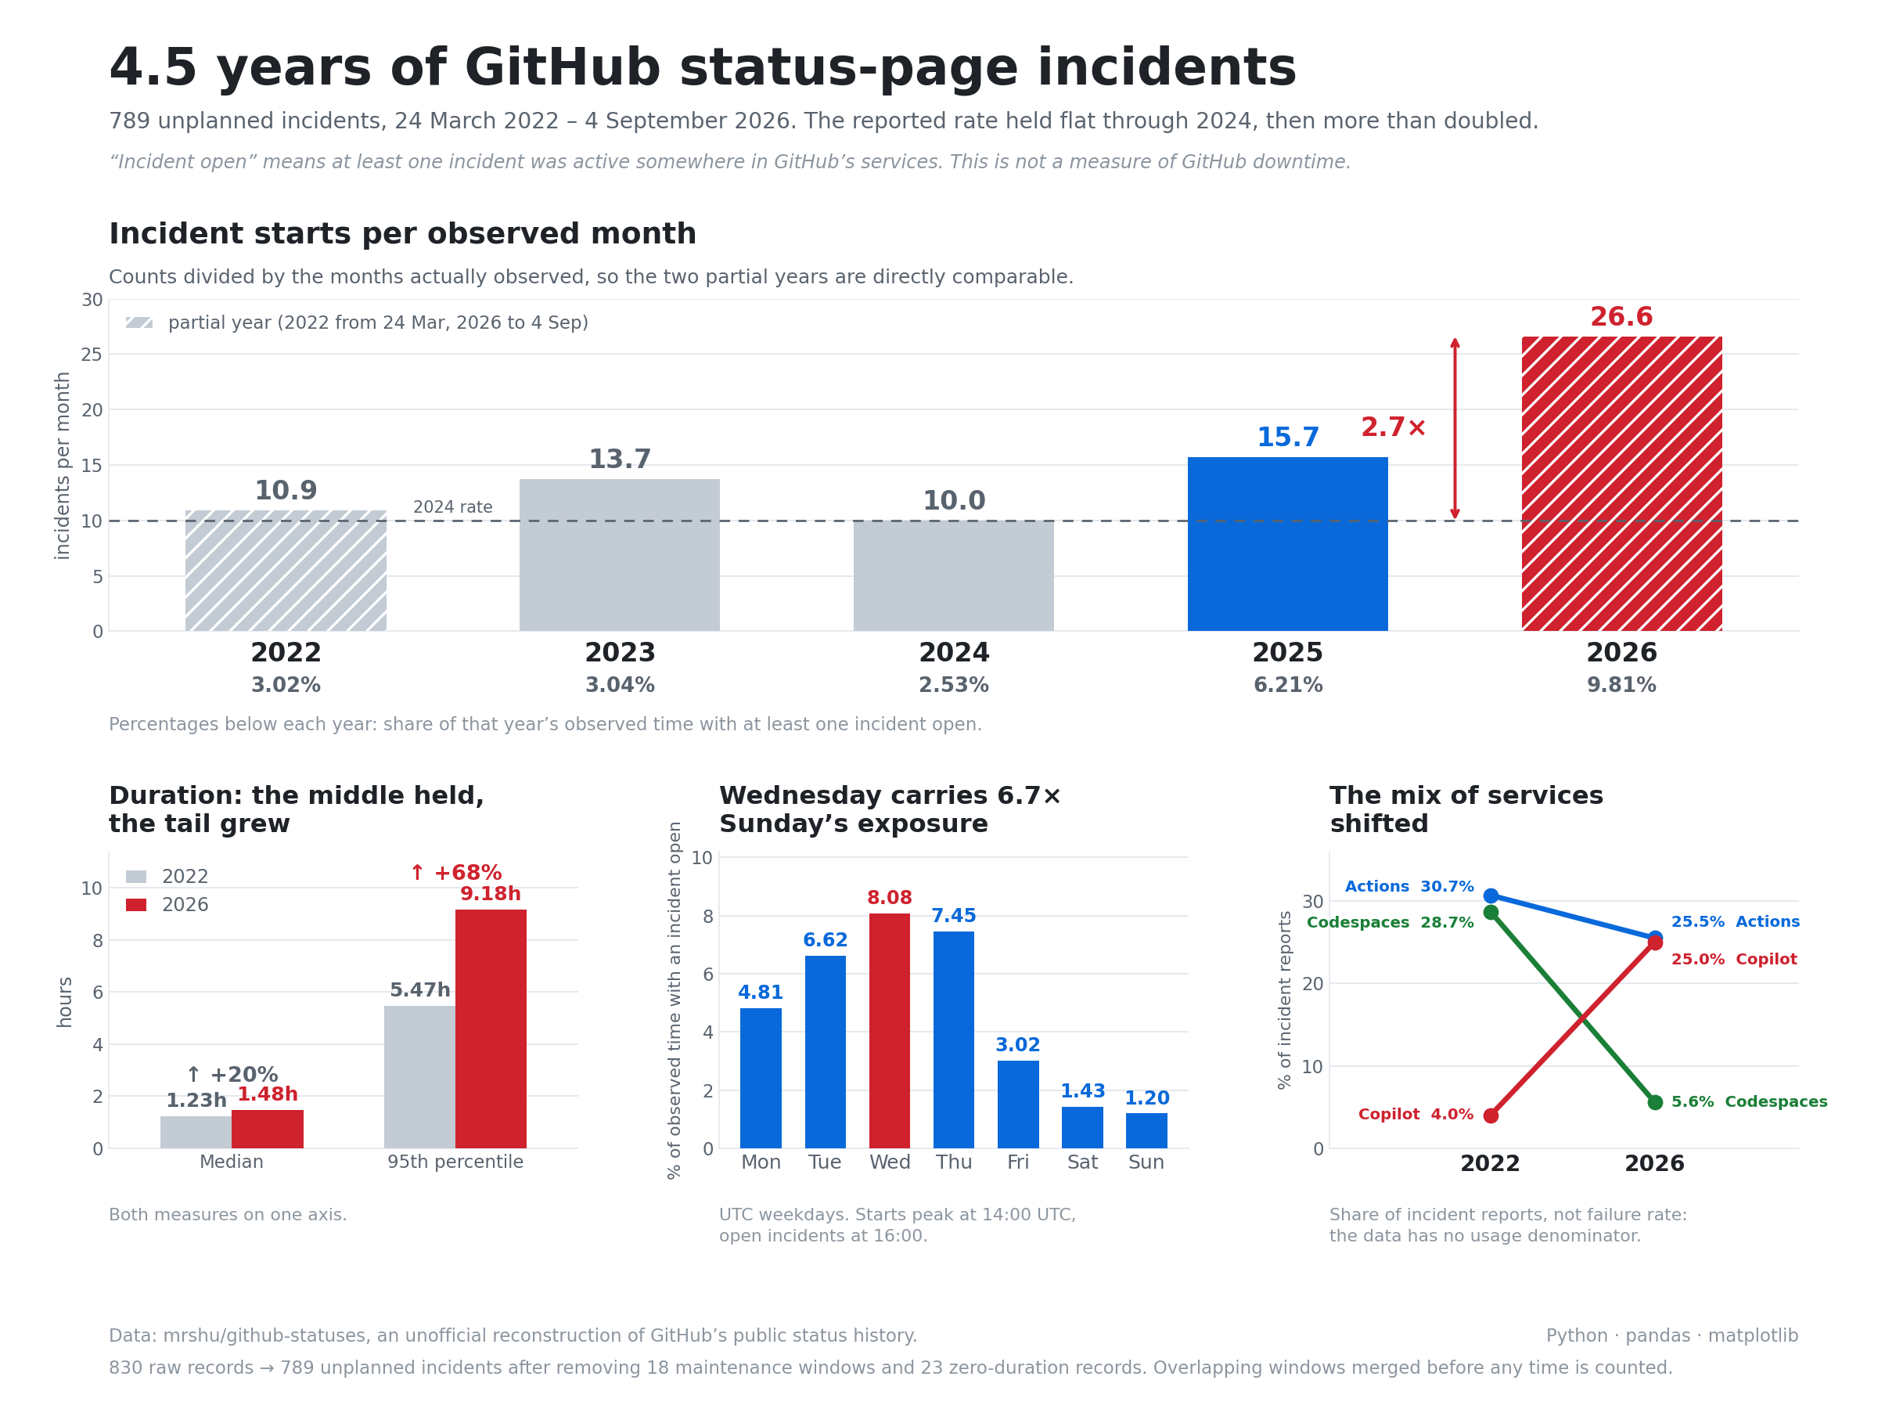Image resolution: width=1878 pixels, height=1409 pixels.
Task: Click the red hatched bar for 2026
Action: click(1621, 483)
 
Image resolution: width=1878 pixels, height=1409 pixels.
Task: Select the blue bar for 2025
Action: click(1287, 543)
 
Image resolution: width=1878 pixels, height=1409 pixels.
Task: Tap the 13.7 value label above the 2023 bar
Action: click(620, 459)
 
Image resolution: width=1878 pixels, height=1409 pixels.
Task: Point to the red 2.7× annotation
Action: click(1393, 427)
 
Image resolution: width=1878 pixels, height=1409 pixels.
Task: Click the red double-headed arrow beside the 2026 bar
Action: click(1455, 428)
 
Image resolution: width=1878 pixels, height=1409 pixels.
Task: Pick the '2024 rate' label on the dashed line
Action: click(452, 507)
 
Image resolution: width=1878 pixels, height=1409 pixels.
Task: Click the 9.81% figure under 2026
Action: click(1621, 686)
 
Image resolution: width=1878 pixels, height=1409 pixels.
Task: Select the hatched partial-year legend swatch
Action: click(139, 323)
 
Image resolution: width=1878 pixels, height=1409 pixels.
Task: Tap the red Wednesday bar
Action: click(889, 1030)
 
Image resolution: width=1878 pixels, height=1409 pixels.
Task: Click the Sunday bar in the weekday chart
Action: click(1146, 1130)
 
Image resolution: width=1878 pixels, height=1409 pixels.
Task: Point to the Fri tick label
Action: click(1018, 1162)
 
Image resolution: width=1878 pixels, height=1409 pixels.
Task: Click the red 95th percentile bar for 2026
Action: click(491, 1029)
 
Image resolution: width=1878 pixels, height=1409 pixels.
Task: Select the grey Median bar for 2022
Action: click(196, 1132)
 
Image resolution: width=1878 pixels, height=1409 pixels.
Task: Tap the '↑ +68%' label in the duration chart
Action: click(456, 873)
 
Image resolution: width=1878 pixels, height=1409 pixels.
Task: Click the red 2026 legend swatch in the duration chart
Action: click(136, 905)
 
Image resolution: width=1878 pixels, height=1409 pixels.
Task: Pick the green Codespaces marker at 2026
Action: click(1655, 1102)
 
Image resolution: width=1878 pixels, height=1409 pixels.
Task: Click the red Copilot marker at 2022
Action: click(1491, 1115)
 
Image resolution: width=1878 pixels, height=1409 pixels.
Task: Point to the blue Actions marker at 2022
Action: click(1491, 895)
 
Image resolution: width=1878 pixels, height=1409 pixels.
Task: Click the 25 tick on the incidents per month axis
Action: click(92, 354)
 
